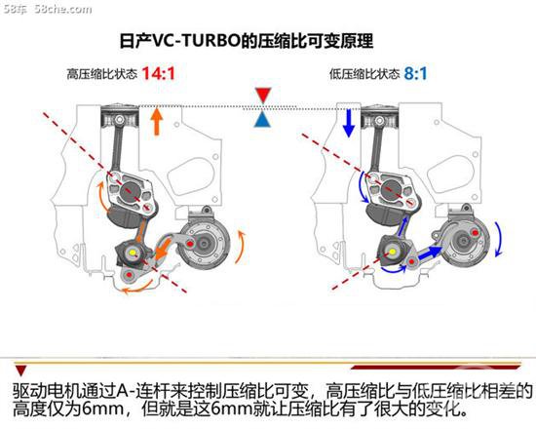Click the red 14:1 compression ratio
tap(158, 73)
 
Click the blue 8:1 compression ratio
tap(416, 73)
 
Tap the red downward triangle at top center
tap(263, 96)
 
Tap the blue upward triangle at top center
tap(262, 119)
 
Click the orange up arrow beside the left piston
tap(157, 122)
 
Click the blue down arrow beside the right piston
tap(349, 123)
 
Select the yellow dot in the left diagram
tap(133, 253)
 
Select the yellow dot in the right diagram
tap(393, 252)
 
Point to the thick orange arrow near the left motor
tap(164, 249)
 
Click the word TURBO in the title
tap(209, 41)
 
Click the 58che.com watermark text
tap(63, 9)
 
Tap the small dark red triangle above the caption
tap(20, 370)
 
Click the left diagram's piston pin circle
tap(119, 120)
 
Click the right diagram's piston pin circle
tap(379, 121)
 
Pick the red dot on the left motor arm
tap(190, 244)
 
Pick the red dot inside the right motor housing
tap(475, 233)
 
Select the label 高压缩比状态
tap(102, 74)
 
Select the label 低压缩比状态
tap(364, 74)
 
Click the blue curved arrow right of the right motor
tap(500, 239)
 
